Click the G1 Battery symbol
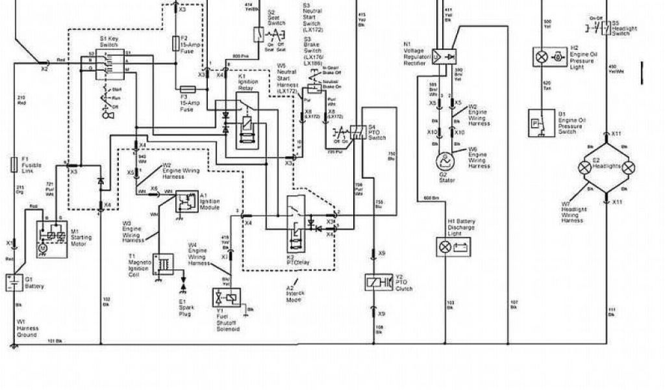click(12, 283)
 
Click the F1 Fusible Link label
click(29, 162)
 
